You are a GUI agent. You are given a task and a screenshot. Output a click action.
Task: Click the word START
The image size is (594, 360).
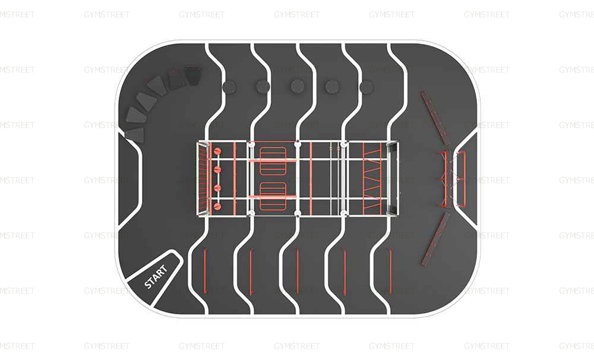[x=156, y=277]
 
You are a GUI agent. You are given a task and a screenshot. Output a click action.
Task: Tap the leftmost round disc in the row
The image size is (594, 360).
[x=229, y=87]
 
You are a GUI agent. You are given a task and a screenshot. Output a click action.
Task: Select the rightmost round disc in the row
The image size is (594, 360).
[x=366, y=87]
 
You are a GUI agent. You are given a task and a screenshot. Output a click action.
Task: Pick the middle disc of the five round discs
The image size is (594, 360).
[x=298, y=87]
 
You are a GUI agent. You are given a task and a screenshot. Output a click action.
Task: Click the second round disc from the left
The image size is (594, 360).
[x=263, y=87]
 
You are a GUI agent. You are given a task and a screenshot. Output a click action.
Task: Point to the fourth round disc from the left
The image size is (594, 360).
[x=332, y=87]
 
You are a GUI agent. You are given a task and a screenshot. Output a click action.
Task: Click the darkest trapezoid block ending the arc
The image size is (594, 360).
[x=192, y=77]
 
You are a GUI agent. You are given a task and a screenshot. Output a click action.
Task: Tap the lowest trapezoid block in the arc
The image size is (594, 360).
[x=135, y=135]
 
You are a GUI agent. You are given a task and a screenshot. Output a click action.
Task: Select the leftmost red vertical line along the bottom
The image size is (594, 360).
[x=205, y=271]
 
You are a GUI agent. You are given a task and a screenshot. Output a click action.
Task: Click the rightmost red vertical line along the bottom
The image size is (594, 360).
[x=391, y=271]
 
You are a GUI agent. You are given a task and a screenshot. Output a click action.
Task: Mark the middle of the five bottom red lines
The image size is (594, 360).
[x=298, y=271]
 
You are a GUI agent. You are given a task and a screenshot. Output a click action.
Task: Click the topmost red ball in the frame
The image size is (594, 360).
[x=217, y=151]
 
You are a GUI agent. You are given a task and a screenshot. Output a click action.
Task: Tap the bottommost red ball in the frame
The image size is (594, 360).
[x=217, y=207]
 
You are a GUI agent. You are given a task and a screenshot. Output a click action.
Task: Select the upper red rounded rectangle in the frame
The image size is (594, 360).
[x=273, y=160]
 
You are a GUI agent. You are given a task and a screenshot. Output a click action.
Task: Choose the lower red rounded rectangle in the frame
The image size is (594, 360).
[x=273, y=196]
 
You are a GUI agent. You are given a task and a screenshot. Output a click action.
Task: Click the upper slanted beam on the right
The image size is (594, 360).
[x=435, y=118]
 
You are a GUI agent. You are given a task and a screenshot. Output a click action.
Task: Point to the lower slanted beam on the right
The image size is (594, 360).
[x=435, y=239]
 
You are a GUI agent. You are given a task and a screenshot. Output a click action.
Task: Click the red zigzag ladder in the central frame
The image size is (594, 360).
[x=372, y=179]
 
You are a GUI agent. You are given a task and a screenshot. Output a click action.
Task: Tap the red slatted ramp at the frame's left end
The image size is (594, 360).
[x=204, y=179]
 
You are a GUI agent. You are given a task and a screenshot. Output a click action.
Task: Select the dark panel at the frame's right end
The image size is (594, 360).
[x=393, y=179]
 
